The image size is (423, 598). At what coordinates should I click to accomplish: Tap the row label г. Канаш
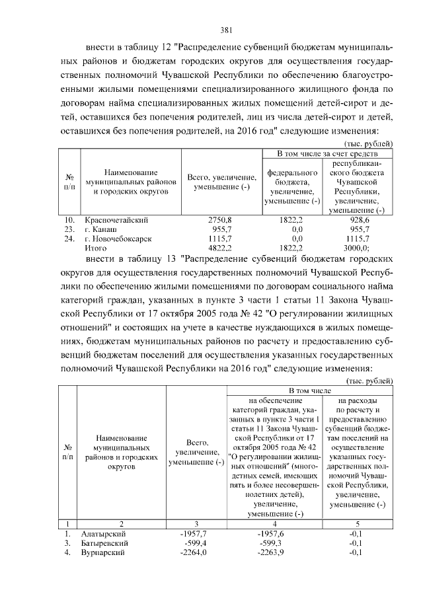click(99, 229)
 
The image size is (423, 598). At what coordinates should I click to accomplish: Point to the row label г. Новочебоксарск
click(118, 239)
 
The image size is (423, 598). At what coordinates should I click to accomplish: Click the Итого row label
click(96, 248)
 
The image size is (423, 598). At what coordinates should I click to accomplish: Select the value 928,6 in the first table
click(359, 219)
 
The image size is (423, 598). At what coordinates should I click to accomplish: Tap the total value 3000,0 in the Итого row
click(360, 248)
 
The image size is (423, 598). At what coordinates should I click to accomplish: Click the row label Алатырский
click(103, 533)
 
